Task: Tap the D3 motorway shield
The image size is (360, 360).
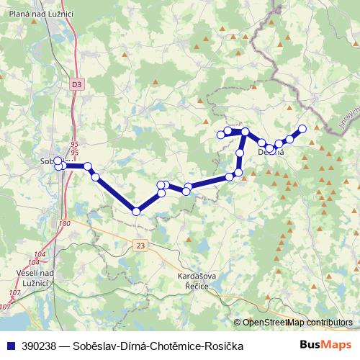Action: tap(77, 84)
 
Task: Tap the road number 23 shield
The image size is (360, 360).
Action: tap(139, 246)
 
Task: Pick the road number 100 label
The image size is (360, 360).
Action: tap(66, 225)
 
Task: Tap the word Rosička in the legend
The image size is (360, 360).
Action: tap(223, 346)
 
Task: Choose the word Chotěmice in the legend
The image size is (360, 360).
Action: tap(176, 346)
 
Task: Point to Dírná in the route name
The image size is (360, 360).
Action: tap(135, 346)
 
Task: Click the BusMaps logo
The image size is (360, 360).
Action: tap(330, 346)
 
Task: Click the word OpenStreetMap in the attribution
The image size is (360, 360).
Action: tap(277, 323)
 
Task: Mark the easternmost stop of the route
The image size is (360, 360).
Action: tap(302, 129)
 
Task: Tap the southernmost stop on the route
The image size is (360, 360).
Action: tap(136, 211)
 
